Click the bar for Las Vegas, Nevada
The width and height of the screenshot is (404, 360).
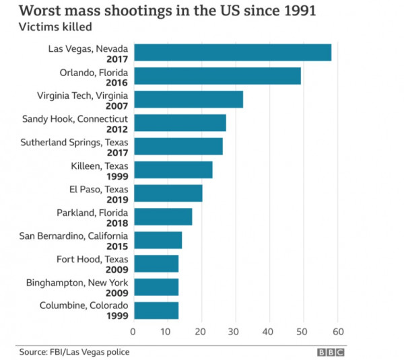[x=232, y=52]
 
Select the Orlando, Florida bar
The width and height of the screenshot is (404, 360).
[x=217, y=76]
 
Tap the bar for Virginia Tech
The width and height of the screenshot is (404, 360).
[x=188, y=100]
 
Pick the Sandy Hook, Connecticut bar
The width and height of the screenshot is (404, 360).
[x=180, y=123]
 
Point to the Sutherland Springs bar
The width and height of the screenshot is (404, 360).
[x=178, y=146]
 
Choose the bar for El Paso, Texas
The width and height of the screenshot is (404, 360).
[x=168, y=193]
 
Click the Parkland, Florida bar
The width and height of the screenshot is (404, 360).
[x=162, y=217]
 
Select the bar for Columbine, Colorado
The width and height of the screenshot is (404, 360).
[x=156, y=310]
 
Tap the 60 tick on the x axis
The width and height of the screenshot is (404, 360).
[x=338, y=332]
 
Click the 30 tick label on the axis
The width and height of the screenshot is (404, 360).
[x=235, y=332]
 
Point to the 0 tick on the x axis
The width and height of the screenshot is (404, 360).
[x=133, y=332]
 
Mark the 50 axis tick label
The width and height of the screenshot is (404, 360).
[x=304, y=332]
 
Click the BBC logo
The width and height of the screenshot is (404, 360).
[x=331, y=352]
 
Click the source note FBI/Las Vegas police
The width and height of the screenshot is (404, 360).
[x=73, y=352]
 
